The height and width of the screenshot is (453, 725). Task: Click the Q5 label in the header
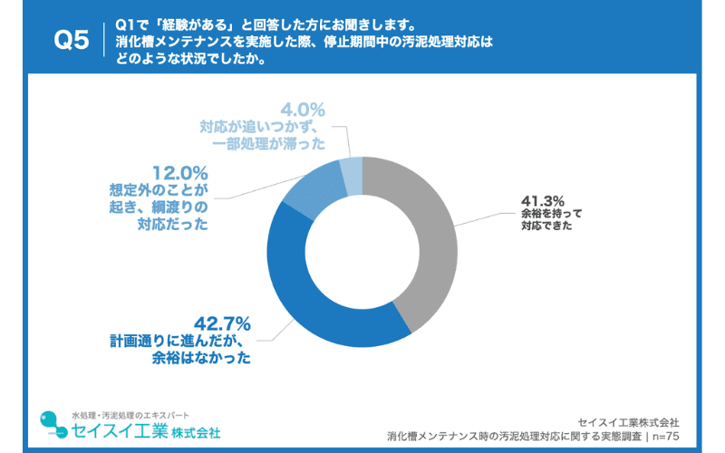coord(72,41)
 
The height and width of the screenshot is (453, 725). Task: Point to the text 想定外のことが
coord(159,189)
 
